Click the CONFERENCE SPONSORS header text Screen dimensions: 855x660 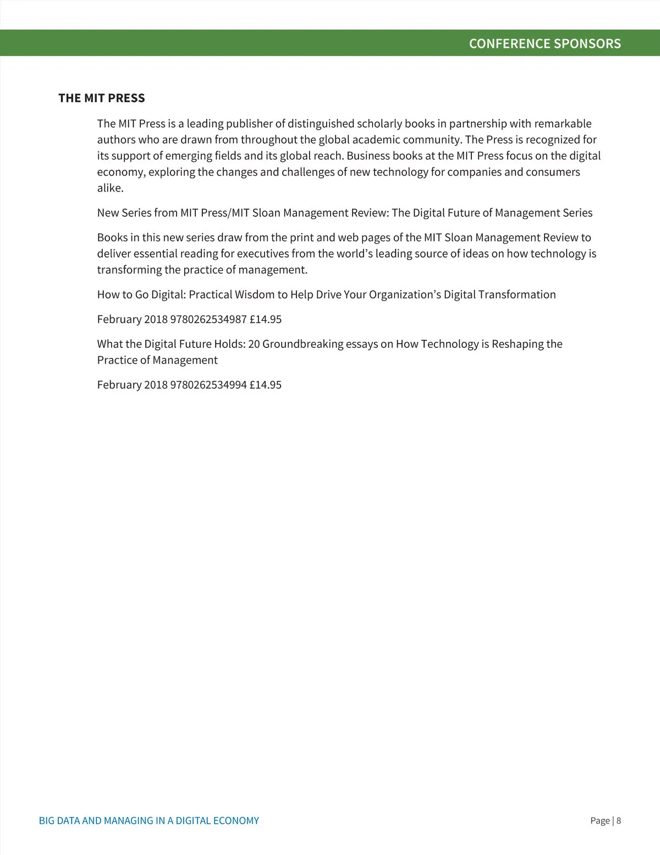point(544,43)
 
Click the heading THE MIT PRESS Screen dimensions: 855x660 point(102,98)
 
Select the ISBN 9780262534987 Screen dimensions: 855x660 point(208,319)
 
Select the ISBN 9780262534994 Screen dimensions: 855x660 point(208,385)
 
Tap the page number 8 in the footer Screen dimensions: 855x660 point(619,820)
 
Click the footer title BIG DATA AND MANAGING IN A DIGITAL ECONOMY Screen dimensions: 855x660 point(149,820)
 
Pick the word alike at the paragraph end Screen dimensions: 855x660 point(110,188)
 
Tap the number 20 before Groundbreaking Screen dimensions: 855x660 point(254,344)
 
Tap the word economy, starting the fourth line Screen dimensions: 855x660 point(121,172)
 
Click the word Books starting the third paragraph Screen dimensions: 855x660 point(112,237)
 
